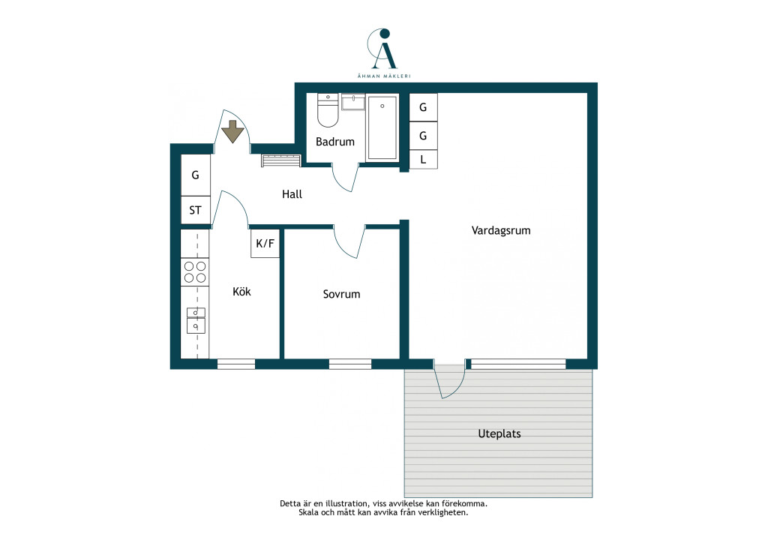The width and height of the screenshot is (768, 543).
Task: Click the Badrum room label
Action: tap(335, 142)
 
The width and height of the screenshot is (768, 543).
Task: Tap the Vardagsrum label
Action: tap(500, 230)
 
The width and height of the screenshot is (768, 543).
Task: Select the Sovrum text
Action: tap(341, 294)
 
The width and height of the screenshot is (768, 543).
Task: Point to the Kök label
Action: tap(241, 291)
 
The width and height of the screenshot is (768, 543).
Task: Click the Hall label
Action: tap(292, 194)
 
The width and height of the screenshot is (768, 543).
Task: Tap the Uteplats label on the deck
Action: tap(499, 433)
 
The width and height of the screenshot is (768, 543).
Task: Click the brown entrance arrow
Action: tap(232, 131)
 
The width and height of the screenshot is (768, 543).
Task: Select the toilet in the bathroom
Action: tap(328, 109)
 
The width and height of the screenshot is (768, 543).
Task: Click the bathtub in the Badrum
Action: tap(382, 127)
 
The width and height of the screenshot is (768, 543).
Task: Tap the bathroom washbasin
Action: tap(353, 102)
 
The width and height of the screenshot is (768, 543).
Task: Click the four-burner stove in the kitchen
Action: tap(195, 272)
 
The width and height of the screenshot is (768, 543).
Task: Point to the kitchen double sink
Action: tap(196, 320)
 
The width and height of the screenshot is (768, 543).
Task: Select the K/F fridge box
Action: tap(265, 243)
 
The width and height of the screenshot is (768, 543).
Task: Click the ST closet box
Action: tap(196, 210)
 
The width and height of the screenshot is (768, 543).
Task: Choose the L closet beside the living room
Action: tap(423, 160)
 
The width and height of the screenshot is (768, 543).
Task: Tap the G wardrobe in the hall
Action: tap(196, 175)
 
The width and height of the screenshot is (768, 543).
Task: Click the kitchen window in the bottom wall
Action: tap(236, 364)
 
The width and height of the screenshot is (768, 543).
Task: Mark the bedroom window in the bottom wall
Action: tap(350, 364)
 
